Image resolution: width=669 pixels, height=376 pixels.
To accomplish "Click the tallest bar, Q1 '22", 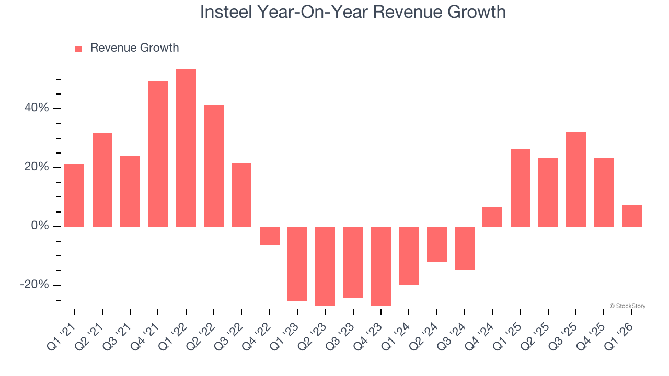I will [x=186, y=148].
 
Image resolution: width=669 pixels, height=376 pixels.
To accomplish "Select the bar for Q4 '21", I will [x=158, y=154].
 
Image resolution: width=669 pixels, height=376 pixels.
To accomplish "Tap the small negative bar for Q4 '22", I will [x=270, y=236].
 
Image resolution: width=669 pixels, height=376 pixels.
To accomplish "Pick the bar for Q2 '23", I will [x=325, y=266].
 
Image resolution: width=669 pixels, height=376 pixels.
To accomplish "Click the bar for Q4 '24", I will [x=492, y=217].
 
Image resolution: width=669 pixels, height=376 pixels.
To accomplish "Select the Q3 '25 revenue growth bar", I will [x=576, y=179].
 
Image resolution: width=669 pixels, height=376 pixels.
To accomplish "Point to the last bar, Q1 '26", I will [x=631, y=216].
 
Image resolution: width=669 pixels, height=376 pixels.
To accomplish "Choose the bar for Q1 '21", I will [x=74, y=195].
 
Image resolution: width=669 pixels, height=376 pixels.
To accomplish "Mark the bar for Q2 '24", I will [x=437, y=244].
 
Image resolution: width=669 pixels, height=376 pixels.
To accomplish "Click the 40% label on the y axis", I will [x=36, y=108].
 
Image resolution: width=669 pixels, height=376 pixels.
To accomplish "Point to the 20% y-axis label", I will [x=36, y=167].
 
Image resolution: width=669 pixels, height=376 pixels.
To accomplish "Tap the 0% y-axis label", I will [x=39, y=226].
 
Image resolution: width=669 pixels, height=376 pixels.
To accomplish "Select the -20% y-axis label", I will [x=34, y=285].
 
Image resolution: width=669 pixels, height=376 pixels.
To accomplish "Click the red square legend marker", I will [x=78, y=49].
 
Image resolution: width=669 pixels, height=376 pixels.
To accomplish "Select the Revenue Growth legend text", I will [x=134, y=48].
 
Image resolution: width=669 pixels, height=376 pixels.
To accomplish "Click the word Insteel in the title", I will [x=225, y=12].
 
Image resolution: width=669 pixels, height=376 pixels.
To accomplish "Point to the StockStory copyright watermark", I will [x=627, y=306].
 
